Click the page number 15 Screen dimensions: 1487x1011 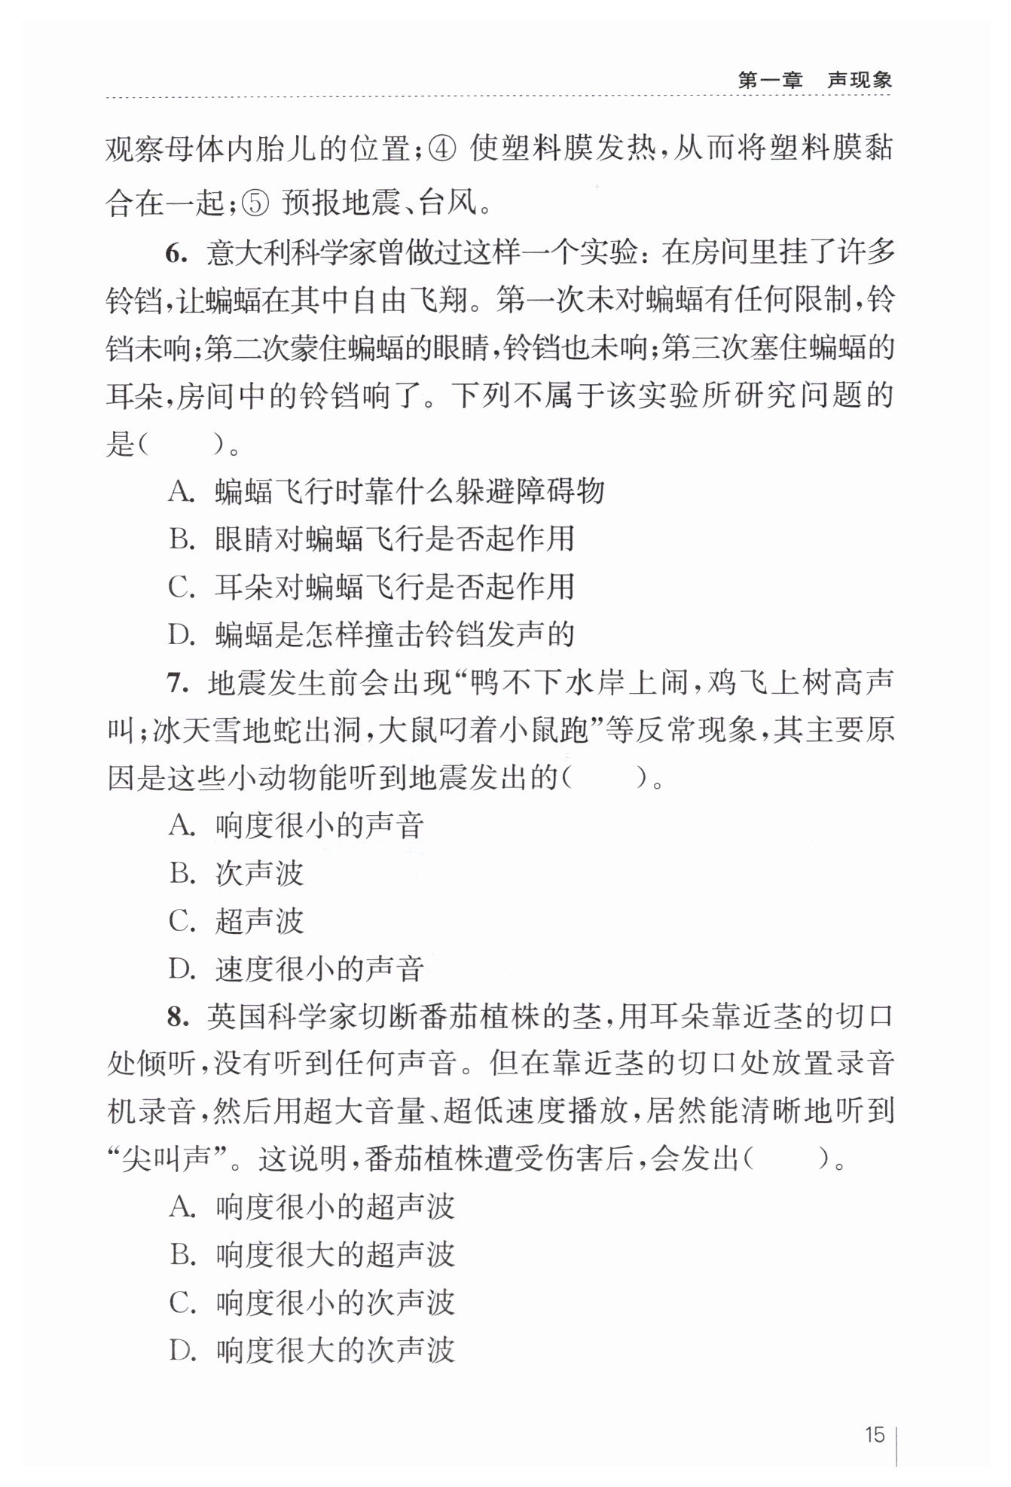point(875,1434)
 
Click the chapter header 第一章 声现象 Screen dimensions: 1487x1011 point(814,80)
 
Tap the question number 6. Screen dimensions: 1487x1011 point(176,254)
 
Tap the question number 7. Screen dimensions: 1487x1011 point(176,683)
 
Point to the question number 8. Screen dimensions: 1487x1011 point(176,1017)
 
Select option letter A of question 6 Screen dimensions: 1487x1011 point(181,491)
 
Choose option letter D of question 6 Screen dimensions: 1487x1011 point(181,634)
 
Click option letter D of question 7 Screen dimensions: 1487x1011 point(181,969)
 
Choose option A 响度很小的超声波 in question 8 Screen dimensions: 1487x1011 point(334,1208)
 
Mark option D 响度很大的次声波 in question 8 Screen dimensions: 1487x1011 point(334,1350)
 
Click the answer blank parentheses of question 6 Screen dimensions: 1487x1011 point(181,445)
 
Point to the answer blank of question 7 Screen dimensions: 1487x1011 point(604,777)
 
